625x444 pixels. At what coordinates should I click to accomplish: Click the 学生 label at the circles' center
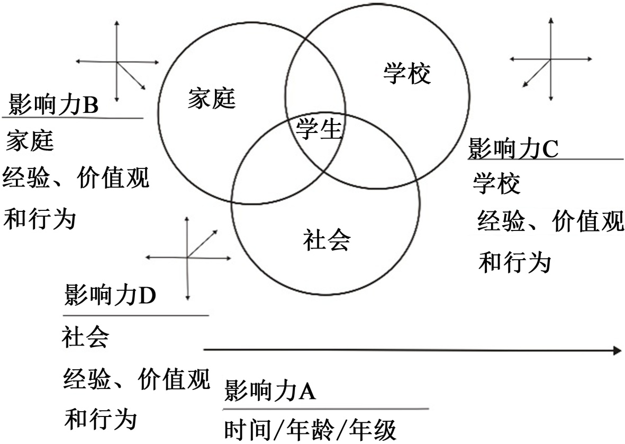319,129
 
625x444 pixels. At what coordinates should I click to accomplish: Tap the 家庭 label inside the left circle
211,99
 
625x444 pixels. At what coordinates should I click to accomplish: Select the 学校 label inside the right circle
407,74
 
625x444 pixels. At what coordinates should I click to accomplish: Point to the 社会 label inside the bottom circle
327,240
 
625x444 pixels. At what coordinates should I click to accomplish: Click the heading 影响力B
53,105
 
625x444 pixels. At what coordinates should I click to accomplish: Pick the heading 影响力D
110,296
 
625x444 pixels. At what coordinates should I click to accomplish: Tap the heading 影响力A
270,392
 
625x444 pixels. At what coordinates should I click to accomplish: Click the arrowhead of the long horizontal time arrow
616,350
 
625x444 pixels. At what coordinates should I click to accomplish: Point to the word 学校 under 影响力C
496,184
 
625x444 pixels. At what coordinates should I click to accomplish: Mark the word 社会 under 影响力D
86,338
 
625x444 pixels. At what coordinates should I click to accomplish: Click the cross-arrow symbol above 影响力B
117,62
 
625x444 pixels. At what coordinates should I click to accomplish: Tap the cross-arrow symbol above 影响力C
551,59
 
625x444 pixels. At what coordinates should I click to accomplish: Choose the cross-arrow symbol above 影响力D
188,257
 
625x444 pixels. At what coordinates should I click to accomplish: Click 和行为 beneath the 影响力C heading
514,262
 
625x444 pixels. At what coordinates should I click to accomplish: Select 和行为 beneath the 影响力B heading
40,218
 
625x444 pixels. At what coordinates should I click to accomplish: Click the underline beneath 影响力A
325,409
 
